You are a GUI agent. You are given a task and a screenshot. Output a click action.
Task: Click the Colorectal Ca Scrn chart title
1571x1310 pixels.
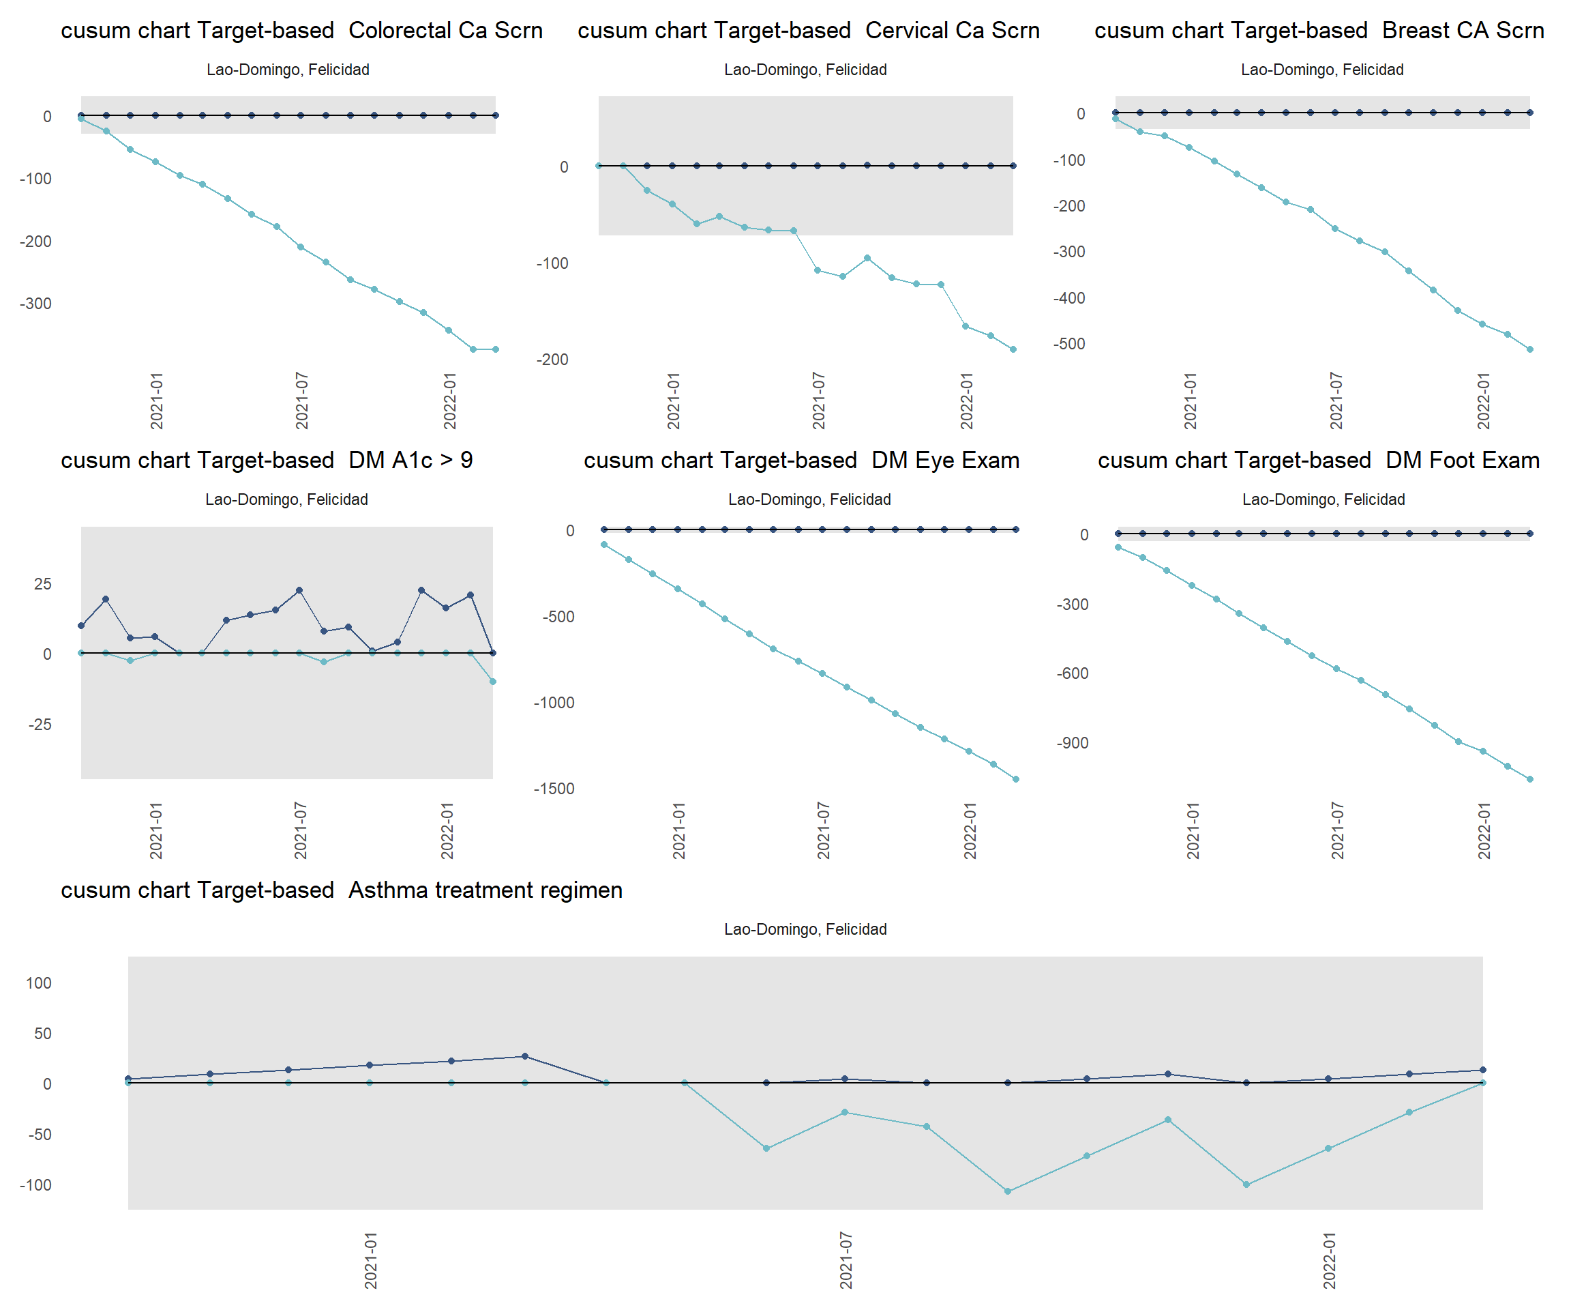click(301, 30)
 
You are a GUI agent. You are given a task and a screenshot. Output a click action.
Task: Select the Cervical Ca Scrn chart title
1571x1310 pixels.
click(808, 30)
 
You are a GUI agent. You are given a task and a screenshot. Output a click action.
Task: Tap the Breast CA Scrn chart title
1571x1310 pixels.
click(1319, 30)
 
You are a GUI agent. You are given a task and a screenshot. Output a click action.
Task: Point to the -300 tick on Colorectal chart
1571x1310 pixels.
click(35, 303)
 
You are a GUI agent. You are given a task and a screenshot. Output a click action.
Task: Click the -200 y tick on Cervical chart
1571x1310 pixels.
click(552, 360)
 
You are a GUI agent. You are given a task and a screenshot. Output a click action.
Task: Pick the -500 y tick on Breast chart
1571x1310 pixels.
click(1069, 344)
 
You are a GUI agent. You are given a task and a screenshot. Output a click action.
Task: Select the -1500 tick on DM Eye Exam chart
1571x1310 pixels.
click(554, 788)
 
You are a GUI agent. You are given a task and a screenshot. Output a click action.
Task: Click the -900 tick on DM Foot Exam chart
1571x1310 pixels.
click(1072, 742)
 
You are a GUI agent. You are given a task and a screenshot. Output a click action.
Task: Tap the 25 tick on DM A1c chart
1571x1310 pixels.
click(43, 584)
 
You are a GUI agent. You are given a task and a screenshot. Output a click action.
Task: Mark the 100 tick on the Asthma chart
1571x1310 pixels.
click(39, 983)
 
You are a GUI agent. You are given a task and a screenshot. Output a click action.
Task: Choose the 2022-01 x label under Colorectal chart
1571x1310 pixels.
click(449, 401)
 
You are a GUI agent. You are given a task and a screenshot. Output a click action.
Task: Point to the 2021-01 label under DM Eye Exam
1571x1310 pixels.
click(678, 830)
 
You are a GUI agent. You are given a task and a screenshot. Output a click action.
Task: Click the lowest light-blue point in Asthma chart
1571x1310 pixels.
click(1008, 1191)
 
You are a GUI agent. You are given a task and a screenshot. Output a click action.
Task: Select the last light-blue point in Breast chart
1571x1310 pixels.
click(1530, 349)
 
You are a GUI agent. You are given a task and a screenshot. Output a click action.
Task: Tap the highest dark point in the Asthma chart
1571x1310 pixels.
click(524, 1056)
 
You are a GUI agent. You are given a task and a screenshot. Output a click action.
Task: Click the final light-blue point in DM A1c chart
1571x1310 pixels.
click(492, 681)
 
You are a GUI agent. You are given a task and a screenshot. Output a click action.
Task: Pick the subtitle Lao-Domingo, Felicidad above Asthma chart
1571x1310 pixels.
click(805, 929)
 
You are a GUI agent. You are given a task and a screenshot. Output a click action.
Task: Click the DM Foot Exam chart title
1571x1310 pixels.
click(1318, 460)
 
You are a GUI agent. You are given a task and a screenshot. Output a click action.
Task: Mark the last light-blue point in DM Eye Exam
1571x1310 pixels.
click(1016, 779)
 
